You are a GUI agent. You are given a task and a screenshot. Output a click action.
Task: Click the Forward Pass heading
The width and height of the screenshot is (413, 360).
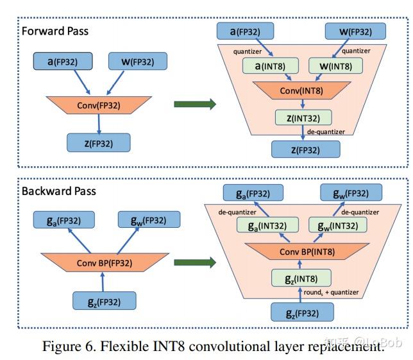(55, 31)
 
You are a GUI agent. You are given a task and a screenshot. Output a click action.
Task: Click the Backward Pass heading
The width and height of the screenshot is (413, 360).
(58, 191)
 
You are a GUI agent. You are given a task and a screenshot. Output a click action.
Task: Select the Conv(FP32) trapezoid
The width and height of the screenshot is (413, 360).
(99, 105)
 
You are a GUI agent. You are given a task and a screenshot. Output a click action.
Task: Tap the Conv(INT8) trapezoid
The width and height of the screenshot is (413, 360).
(301, 90)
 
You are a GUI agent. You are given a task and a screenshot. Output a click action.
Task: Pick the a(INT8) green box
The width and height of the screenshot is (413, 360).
(271, 66)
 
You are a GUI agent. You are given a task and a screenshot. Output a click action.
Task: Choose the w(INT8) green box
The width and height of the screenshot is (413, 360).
(335, 66)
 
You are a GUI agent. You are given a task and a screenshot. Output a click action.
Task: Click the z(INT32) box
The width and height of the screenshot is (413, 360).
(303, 118)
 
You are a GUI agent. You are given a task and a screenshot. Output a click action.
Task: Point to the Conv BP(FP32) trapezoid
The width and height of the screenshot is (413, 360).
(105, 262)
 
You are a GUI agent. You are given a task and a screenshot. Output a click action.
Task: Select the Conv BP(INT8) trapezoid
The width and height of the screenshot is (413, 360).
(307, 252)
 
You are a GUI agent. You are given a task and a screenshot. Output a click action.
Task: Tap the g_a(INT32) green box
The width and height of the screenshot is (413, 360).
(267, 225)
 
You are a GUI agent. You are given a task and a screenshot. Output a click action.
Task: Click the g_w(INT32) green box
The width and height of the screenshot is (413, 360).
(338, 225)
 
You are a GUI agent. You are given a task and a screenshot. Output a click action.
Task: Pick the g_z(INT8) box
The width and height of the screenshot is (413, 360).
(301, 278)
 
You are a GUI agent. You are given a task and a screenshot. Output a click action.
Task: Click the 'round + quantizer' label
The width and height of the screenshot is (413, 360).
(331, 292)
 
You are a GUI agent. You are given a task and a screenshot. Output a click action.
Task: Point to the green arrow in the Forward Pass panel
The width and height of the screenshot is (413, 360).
(195, 104)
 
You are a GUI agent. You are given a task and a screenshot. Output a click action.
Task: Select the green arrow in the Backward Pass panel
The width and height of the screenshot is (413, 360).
(195, 262)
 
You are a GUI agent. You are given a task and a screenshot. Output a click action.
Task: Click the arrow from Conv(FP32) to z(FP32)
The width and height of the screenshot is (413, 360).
(99, 124)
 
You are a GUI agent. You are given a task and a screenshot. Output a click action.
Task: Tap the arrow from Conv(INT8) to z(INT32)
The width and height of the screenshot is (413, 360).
(303, 104)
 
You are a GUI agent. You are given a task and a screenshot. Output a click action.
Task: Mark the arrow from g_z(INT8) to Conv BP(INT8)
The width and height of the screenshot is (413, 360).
(299, 264)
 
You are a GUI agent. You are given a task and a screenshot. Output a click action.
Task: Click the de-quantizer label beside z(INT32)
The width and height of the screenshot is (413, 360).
(326, 132)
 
